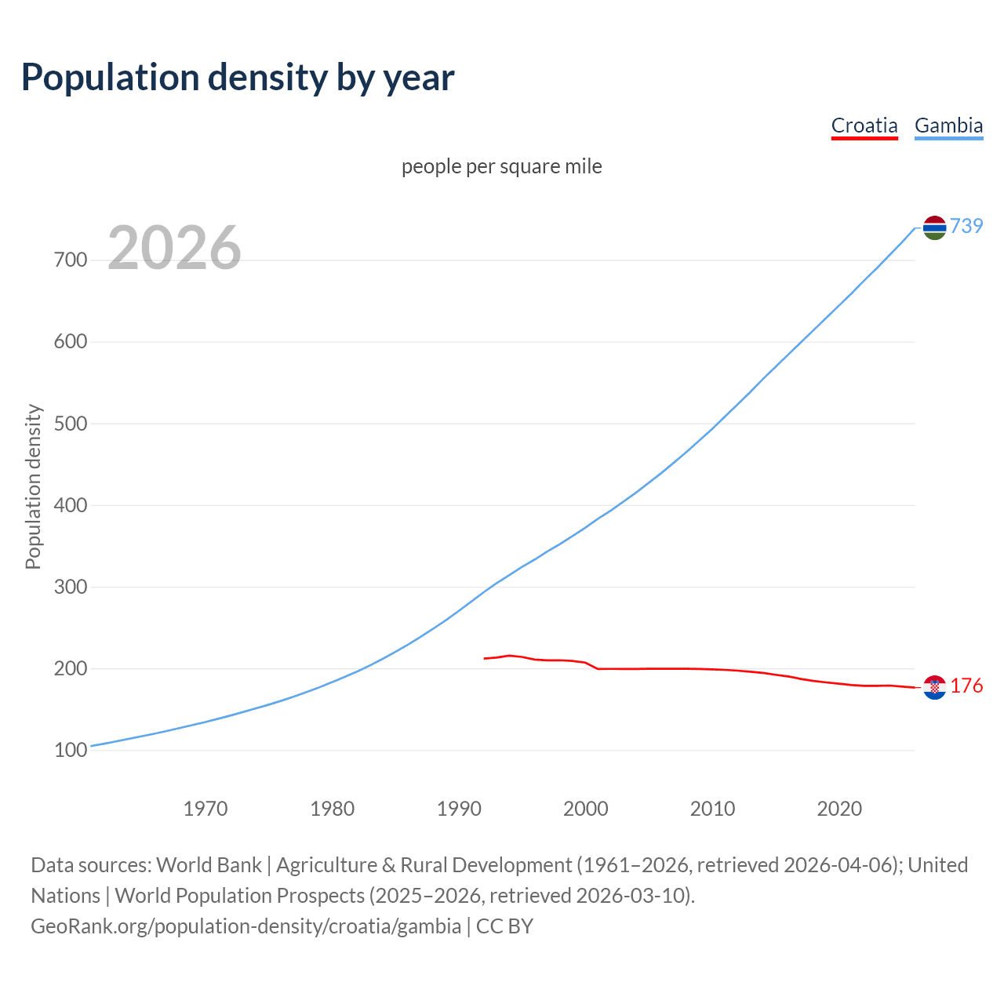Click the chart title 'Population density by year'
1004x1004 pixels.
(238, 77)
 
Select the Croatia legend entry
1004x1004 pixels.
(864, 125)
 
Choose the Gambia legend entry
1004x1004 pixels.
(948, 125)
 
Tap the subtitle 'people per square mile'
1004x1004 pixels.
(501, 166)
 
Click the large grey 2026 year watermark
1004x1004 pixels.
(174, 248)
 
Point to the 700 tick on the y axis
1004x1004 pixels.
(71, 260)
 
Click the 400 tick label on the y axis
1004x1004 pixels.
(71, 505)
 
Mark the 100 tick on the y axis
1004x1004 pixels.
(71, 751)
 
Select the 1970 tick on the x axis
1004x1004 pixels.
(206, 808)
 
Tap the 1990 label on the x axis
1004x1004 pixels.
(459, 808)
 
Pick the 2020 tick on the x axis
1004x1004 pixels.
(839, 808)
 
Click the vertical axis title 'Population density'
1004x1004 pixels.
(33, 486)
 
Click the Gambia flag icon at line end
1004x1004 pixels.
(934, 227)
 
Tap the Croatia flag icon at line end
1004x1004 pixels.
(934, 687)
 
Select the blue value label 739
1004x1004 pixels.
(966, 226)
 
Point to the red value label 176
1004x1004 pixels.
(966, 686)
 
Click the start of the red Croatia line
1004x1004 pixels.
(485, 658)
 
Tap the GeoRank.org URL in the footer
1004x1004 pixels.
(246, 926)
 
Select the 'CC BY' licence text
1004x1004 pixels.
(504, 926)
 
